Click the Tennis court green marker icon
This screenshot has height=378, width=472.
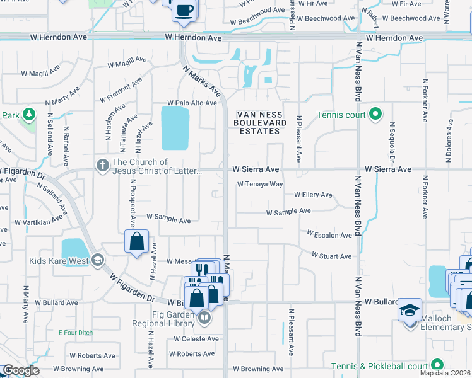click(375, 114)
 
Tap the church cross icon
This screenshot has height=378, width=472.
click(102, 166)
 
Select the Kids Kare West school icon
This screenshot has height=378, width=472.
click(97, 260)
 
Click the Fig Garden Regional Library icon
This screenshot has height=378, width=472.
click(203, 318)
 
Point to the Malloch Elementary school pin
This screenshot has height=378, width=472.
click(410, 311)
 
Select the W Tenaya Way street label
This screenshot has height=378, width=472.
click(260, 185)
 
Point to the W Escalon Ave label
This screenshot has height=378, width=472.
click(329, 234)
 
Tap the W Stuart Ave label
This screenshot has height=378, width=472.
click(332, 256)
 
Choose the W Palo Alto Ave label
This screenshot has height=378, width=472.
click(192, 103)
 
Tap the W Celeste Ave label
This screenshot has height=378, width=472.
click(197, 339)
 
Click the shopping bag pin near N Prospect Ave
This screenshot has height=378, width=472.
click(137, 241)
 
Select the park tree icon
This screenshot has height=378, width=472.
click(28, 114)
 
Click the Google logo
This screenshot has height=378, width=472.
click(21, 370)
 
